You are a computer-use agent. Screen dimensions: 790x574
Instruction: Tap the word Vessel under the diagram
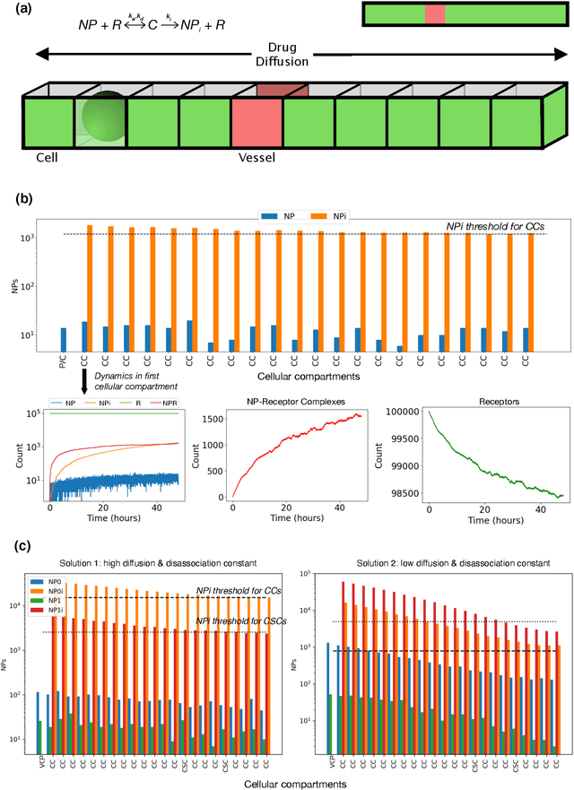click(255, 158)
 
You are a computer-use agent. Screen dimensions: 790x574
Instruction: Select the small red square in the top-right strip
click(434, 13)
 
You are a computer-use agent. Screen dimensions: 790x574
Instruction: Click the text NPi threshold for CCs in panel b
click(495, 228)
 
